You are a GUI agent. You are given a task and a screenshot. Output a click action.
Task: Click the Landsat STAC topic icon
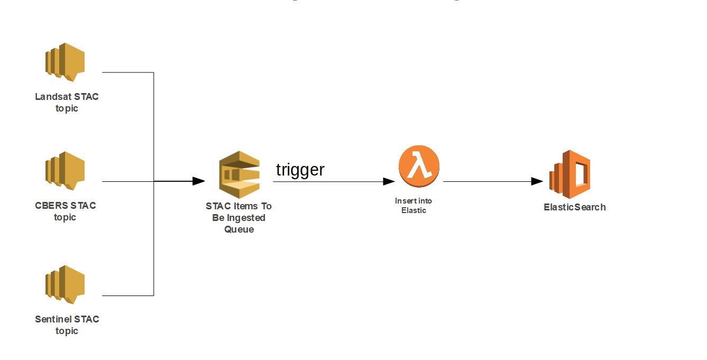click(65, 62)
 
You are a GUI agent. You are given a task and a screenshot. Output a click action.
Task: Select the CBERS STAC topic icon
click(65, 171)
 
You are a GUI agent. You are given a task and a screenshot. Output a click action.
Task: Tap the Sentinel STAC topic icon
click(65, 284)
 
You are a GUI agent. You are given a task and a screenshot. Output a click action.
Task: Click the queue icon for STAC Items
click(240, 174)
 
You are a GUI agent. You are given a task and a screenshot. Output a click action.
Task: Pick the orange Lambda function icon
click(419, 167)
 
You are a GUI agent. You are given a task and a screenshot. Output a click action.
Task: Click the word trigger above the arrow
click(300, 170)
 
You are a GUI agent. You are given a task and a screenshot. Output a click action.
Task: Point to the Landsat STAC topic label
click(67, 103)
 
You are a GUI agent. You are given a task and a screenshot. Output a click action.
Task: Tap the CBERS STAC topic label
click(66, 211)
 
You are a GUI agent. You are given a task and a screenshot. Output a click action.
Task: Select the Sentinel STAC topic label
click(67, 325)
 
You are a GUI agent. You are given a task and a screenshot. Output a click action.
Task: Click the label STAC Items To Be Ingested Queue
click(239, 218)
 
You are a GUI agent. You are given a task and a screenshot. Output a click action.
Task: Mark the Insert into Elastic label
click(414, 206)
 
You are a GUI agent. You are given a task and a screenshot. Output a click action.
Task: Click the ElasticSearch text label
click(575, 207)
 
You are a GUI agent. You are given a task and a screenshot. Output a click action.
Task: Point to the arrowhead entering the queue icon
click(199, 181)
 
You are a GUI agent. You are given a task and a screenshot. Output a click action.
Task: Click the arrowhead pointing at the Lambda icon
click(389, 181)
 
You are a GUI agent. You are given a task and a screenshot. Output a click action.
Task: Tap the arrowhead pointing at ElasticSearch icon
click(537, 181)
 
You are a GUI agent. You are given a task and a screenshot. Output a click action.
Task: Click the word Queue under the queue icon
click(239, 229)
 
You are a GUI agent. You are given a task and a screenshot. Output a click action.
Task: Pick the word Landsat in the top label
click(53, 97)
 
